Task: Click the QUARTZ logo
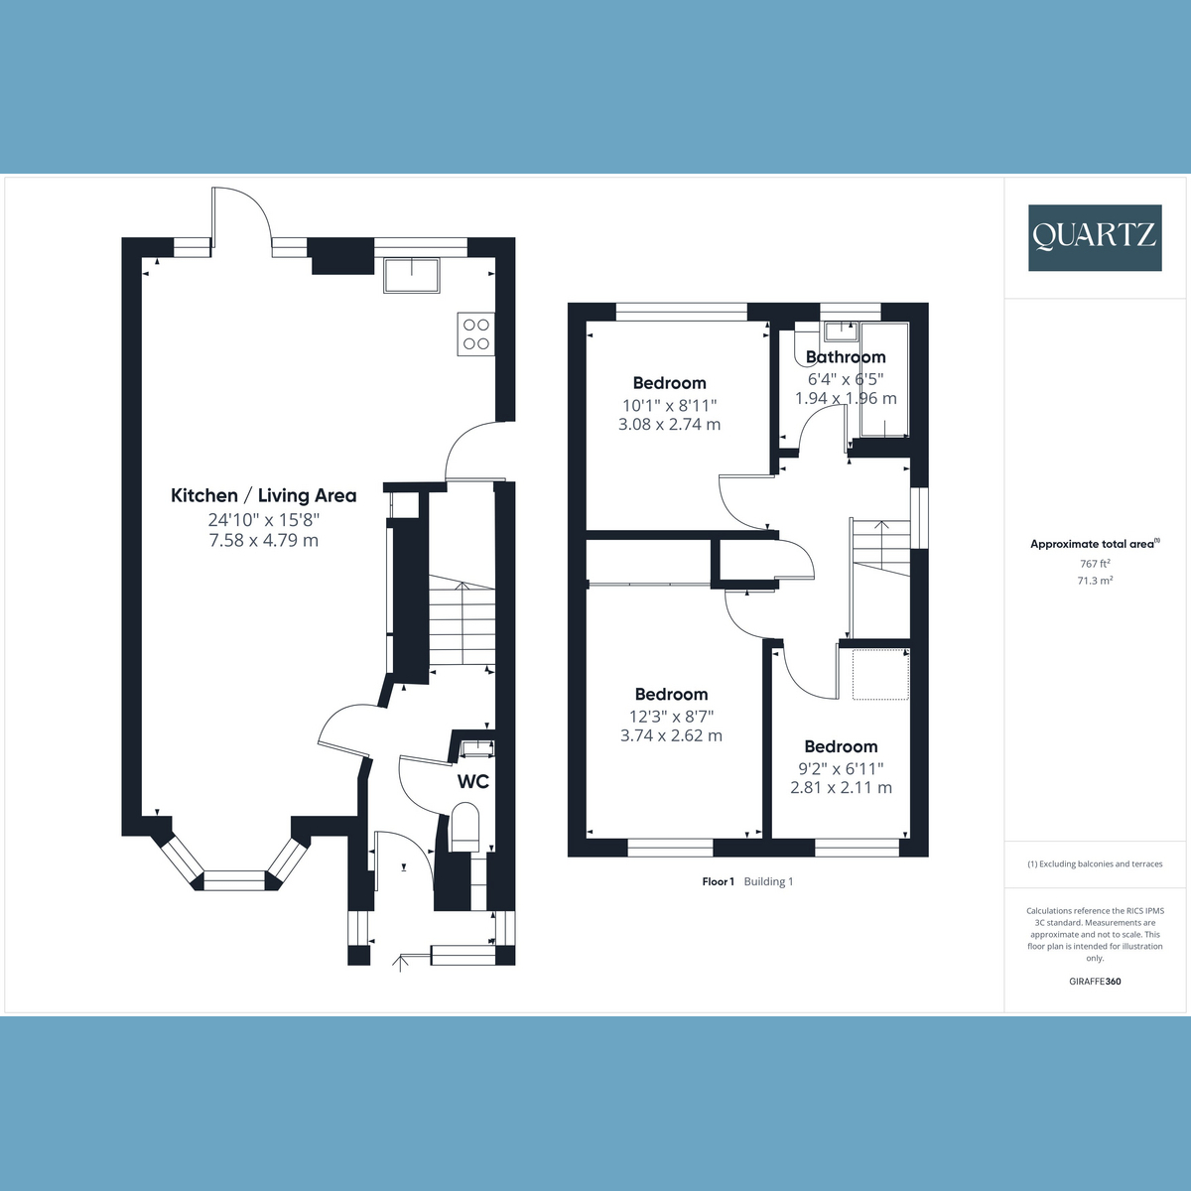tap(1095, 237)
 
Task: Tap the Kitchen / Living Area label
tap(263, 495)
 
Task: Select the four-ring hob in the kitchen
tap(476, 333)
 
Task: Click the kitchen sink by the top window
tap(412, 275)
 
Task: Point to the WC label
tap(472, 781)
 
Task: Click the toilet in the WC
tap(466, 827)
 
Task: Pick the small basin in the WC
tap(477, 748)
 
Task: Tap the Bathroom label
tap(846, 356)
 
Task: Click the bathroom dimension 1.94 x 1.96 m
tap(846, 398)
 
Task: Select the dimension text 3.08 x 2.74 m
tap(669, 424)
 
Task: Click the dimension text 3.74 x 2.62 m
tap(671, 735)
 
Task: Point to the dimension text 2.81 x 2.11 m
tap(842, 787)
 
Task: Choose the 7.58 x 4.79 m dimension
tap(264, 540)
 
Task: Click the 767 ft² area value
tap(1095, 564)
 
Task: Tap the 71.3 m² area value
tap(1095, 581)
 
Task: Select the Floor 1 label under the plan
tap(719, 881)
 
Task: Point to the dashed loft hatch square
tap(880, 674)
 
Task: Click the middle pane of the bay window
tap(235, 880)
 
